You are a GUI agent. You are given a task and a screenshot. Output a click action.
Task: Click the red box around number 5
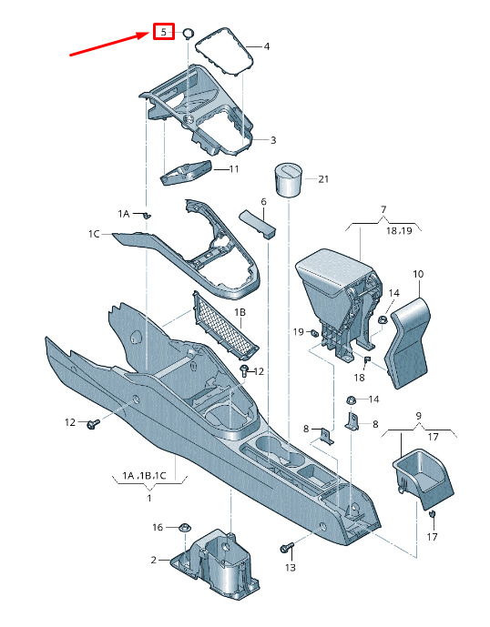tap(164, 31)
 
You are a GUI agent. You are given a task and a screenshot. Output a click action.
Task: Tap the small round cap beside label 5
tap(189, 33)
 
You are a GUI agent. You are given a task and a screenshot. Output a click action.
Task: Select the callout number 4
tap(266, 46)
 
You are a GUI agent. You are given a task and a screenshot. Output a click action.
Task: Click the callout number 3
tap(273, 140)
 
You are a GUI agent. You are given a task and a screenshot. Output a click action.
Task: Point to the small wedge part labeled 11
tap(186, 172)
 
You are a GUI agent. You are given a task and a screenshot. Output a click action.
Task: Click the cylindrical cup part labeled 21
tap(288, 179)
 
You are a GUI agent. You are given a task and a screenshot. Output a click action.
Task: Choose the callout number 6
tap(263, 202)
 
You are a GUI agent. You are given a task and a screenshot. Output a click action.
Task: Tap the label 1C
tap(94, 234)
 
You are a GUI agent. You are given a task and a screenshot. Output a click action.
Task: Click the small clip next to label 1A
tap(148, 216)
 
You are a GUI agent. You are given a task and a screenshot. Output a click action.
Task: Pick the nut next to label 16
tap(184, 528)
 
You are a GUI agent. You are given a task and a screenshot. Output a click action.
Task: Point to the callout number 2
tap(154, 560)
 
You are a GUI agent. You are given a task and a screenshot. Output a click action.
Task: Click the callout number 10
tap(418, 274)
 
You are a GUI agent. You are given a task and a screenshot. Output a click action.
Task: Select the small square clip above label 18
tap(367, 359)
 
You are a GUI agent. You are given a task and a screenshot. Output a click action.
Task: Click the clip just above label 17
tap(432, 514)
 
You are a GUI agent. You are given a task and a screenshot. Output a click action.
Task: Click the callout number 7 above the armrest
tap(383, 209)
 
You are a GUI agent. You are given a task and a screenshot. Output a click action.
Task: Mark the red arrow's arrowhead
tap(146, 35)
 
